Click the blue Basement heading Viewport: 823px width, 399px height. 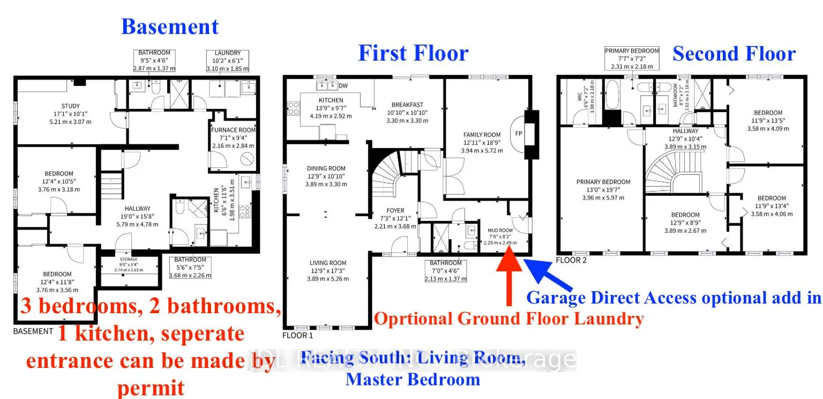click(170, 27)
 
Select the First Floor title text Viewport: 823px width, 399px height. click(413, 53)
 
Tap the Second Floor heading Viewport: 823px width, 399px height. click(734, 54)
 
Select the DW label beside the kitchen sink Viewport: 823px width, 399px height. click(342, 86)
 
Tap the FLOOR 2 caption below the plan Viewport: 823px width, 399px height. click(571, 260)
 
